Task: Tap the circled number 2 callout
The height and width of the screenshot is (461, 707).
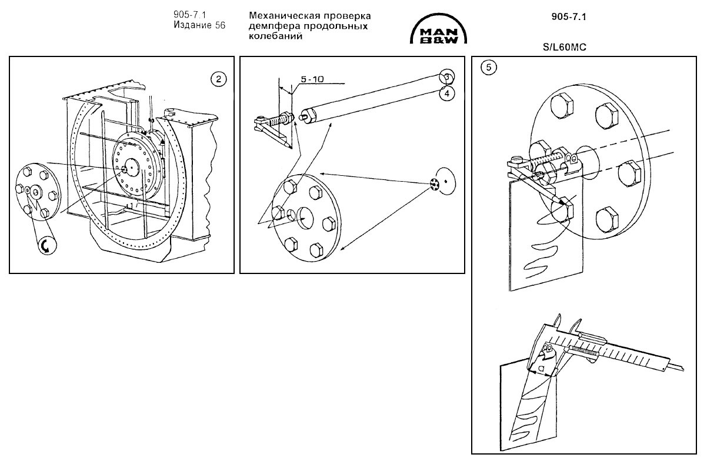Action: click(219, 79)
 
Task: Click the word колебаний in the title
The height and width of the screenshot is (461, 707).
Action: click(276, 36)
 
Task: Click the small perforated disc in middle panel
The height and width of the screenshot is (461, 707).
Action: click(435, 185)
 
